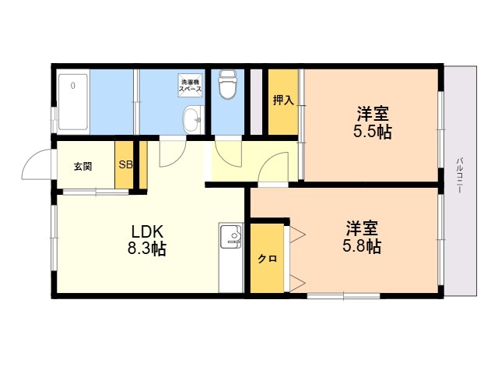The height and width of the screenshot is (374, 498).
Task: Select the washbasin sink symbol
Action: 191,120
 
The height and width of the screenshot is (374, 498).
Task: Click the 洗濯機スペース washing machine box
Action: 191,86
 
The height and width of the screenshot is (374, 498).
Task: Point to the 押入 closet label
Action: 283,101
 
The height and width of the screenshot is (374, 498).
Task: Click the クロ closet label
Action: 267,259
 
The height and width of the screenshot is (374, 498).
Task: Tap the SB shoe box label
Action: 125,165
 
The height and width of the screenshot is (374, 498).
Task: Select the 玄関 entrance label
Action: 83,166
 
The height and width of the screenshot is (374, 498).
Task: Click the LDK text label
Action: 147,231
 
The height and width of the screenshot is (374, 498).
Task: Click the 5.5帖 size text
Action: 373,132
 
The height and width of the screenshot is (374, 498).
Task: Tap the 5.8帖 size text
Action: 363,247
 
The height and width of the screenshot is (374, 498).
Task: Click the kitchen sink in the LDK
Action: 231,237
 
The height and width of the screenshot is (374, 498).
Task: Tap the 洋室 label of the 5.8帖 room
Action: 363,228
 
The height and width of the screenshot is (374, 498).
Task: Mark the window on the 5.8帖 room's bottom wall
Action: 343,295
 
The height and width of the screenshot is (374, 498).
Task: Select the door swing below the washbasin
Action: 173,152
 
